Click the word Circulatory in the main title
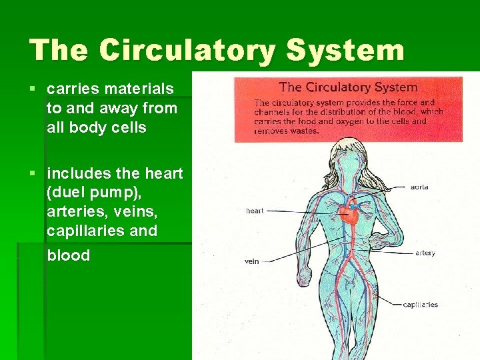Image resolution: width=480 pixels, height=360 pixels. [x=183, y=51]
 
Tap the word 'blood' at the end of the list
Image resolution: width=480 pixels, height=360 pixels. [x=68, y=256]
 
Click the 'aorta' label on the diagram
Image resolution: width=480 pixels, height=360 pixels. [x=419, y=187]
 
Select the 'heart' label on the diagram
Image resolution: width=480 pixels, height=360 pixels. [x=255, y=211]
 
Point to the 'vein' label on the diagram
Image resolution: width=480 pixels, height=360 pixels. [x=251, y=261]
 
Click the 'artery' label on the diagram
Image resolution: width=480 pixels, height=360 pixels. [x=425, y=253]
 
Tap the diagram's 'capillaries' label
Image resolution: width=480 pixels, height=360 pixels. [x=420, y=305]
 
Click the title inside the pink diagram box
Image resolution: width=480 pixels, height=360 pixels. [x=348, y=87]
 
